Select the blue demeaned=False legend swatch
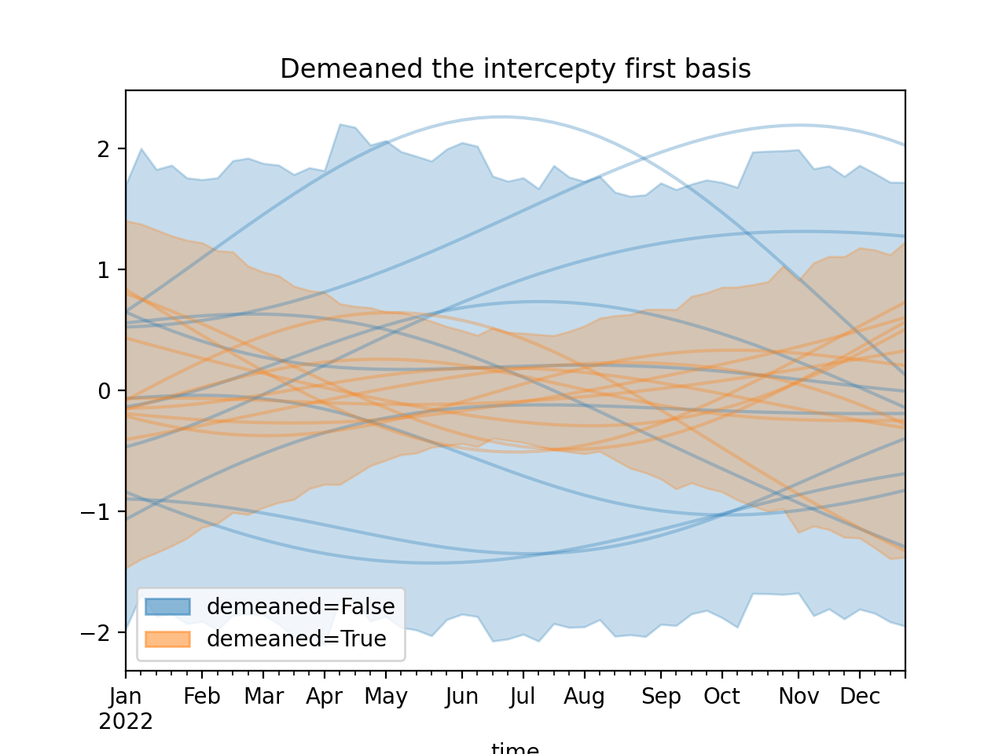pyautogui.click(x=167, y=606)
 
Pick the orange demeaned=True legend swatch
pyautogui.click(x=167, y=639)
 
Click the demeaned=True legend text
pyautogui.click(x=296, y=639)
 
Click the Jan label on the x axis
pyautogui.click(x=126, y=697)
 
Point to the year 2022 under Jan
pyautogui.click(x=126, y=721)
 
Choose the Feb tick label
pyautogui.click(x=202, y=697)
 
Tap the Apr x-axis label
pyautogui.click(x=325, y=697)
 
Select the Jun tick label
pyautogui.click(x=461, y=697)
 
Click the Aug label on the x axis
pyautogui.click(x=584, y=697)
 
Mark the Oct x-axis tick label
pyautogui.click(x=721, y=697)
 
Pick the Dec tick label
pyautogui.click(x=860, y=697)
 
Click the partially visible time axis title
pyautogui.click(x=515, y=749)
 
